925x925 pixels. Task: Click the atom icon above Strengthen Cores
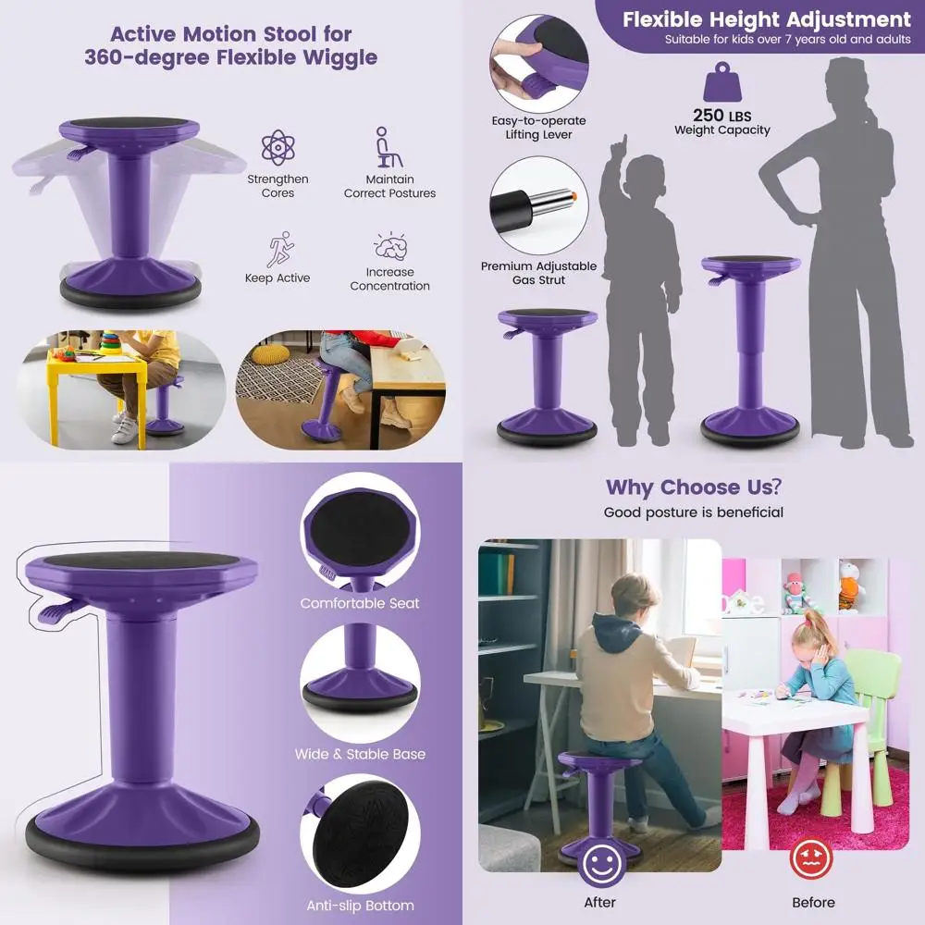pyautogui.click(x=277, y=148)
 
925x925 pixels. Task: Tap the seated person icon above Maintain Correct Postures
pyautogui.click(x=388, y=148)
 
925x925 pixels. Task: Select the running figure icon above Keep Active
pyautogui.click(x=278, y=249)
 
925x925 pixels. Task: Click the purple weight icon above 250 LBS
pyautogui.click(x=722, y=83)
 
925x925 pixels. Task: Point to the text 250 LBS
pyautogui.click(x=721, y=116)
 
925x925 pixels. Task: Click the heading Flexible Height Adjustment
pyautogui.click(x=766, y=19)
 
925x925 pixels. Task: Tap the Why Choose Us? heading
pyautogui.click(x=693, y=487)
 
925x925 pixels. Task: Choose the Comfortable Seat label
pyautogui.click(x=360, y=603)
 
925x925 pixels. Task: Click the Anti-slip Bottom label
pyautogui.click(x=360, y=906)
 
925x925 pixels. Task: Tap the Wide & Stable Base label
pyautogui.click(x=360, y=754)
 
